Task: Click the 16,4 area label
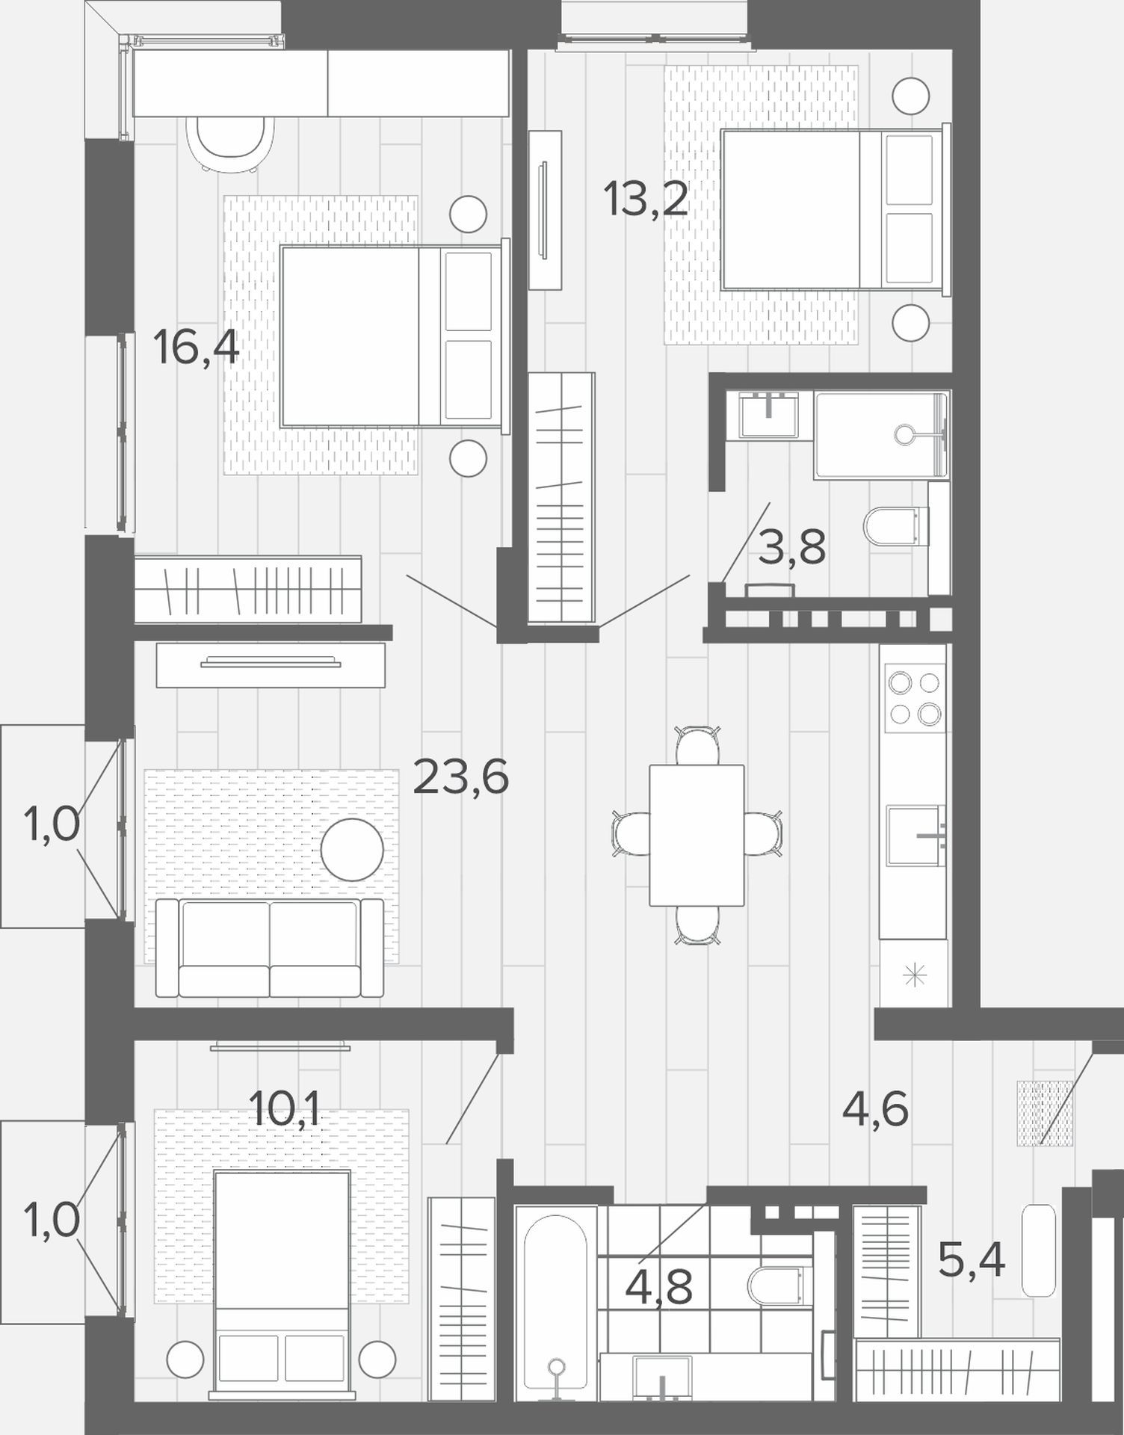point(196,347)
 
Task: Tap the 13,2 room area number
point(646,199)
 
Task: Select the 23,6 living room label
point(460,777)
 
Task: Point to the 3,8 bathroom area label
point(791,547)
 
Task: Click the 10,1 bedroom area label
point(284,1108)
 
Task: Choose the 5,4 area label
point(972,1260)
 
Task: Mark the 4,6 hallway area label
point(875,1108)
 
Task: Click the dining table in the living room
point(697,835)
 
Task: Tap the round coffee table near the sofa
point(353,850)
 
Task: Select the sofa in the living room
point(270,948)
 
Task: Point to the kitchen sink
point(915,836)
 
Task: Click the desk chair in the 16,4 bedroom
point(229,143)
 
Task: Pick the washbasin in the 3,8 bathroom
point(768,415)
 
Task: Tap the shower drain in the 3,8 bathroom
point(906,434)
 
